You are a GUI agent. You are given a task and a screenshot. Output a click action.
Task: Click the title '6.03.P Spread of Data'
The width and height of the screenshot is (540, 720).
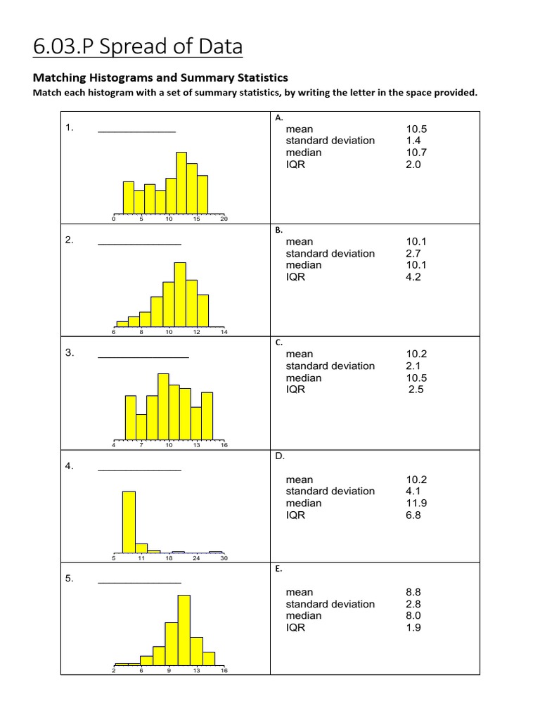137,46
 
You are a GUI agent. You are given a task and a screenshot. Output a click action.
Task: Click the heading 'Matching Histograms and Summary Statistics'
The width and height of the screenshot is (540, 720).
160,78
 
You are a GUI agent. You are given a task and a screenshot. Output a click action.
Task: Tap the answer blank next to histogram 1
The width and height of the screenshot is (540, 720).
136,129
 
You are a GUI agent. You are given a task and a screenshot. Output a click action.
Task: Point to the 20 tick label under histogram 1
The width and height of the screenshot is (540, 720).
224,219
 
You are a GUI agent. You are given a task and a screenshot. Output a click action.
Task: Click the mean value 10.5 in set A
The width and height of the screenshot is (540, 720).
416,129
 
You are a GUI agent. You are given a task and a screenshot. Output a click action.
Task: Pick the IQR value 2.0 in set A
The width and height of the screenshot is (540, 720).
413,165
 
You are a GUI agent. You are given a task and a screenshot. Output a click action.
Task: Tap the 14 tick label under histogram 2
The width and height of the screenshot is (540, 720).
224,332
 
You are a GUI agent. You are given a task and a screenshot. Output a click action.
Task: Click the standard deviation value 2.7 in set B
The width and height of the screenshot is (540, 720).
413,253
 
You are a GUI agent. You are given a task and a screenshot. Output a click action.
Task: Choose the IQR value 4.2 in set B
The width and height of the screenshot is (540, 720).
413,277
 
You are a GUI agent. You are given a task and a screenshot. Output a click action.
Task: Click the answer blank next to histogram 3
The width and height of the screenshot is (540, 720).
143,355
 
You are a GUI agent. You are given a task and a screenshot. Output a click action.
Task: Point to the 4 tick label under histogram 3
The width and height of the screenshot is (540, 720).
113,445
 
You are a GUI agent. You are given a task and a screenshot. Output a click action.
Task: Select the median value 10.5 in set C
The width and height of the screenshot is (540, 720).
416,378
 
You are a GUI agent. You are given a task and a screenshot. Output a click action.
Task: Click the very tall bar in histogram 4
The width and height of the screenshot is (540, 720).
129,522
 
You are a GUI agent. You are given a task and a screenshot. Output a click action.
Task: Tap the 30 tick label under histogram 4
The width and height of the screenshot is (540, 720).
224,558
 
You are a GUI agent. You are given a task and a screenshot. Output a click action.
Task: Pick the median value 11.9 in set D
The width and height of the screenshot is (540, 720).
416,503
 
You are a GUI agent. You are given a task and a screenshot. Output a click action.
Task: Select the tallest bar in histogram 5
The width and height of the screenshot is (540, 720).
184,630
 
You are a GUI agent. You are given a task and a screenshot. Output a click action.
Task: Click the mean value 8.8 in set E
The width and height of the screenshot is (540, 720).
413,592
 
